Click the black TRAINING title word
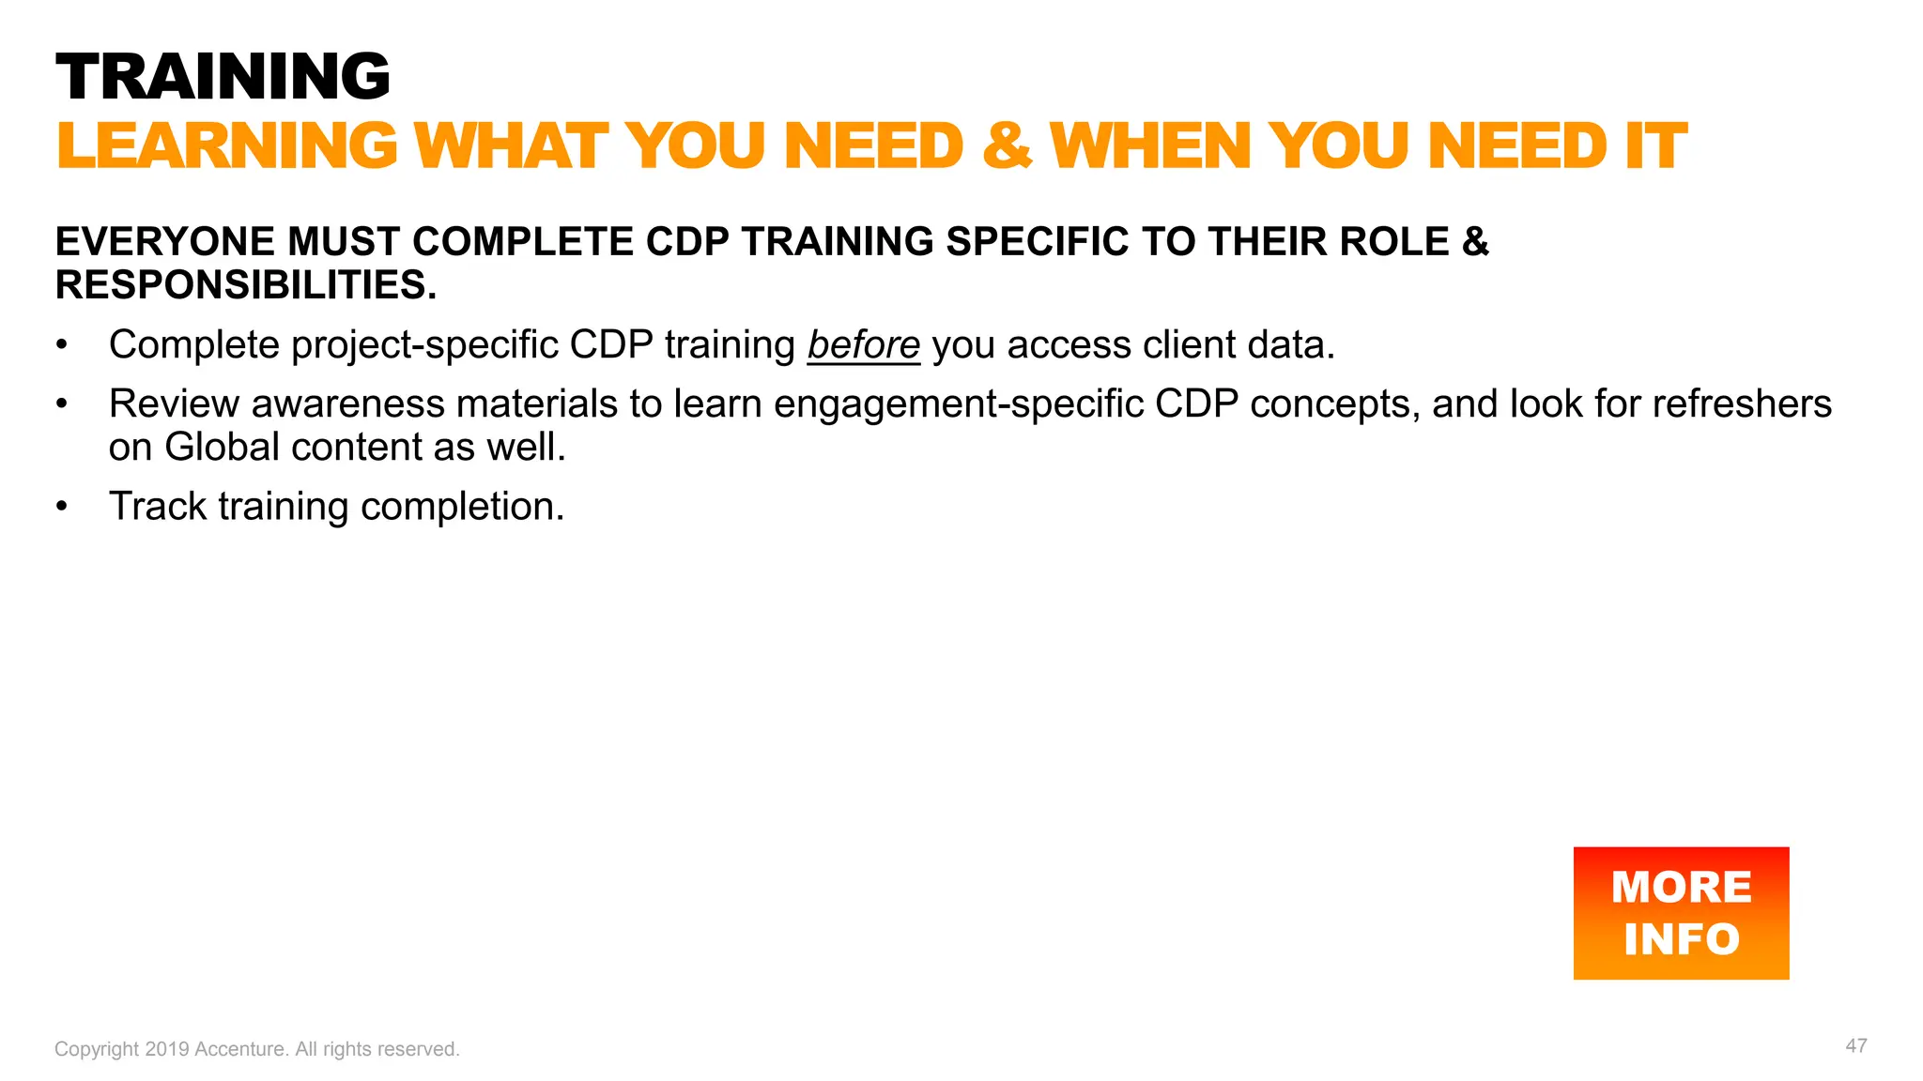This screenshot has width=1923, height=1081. pyautogui.click(x=223, y=76)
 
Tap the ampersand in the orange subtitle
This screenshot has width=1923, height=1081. pyautogui.click(x=1007, y=146)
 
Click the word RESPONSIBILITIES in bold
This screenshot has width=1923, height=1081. pyautogui.click(x=246, y=285)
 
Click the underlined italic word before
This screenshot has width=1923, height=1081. pyautogui.click(x=863, y=345)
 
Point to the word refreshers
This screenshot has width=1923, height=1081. pyautogui.click(x=1742, y=404)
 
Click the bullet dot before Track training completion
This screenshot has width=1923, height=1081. pyautogui.click(x=62, y=507)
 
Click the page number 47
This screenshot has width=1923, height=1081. pyautogui.click(x=1855, y=1046)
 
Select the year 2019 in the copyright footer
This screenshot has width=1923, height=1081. pyautogui.click(x=167, y=1049)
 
